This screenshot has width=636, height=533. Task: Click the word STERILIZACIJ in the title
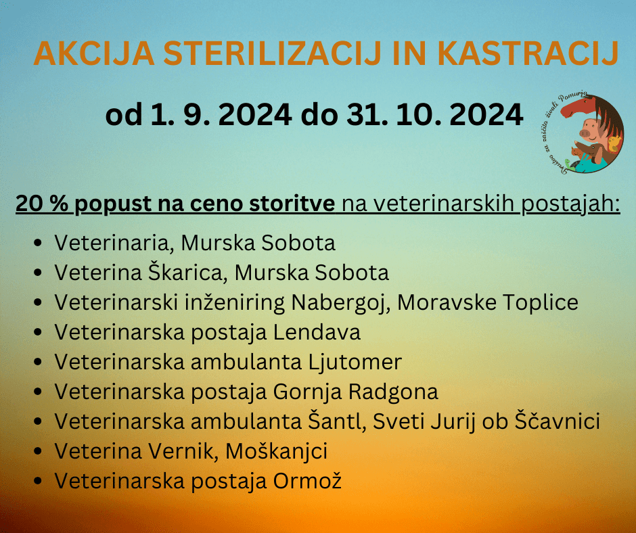(x=272, y=53)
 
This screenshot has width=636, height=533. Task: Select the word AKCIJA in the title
(x=94, y=53)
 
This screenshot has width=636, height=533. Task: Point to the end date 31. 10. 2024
(x=434, y=115)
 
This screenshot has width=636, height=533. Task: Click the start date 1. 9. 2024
(x=221, y=115)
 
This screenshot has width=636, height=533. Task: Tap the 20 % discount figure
(x=42, y=203)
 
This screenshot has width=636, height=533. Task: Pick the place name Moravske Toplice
(x=488, y=302)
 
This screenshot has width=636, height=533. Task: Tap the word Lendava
(x=317, y=332)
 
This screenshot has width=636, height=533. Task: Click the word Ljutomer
(x=355, y=362)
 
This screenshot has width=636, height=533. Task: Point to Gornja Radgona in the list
(x=355, y=392)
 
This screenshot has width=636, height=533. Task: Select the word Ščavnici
(x=558, y=421)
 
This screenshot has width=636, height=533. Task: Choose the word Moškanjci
(x=276, y=451)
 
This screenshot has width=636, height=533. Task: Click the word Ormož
(x=307, y=481)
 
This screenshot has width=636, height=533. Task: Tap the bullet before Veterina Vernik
(x=38, y=451)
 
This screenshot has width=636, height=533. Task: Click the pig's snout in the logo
(x=585, y=133)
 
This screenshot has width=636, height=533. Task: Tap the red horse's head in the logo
(x=576, y=107)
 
